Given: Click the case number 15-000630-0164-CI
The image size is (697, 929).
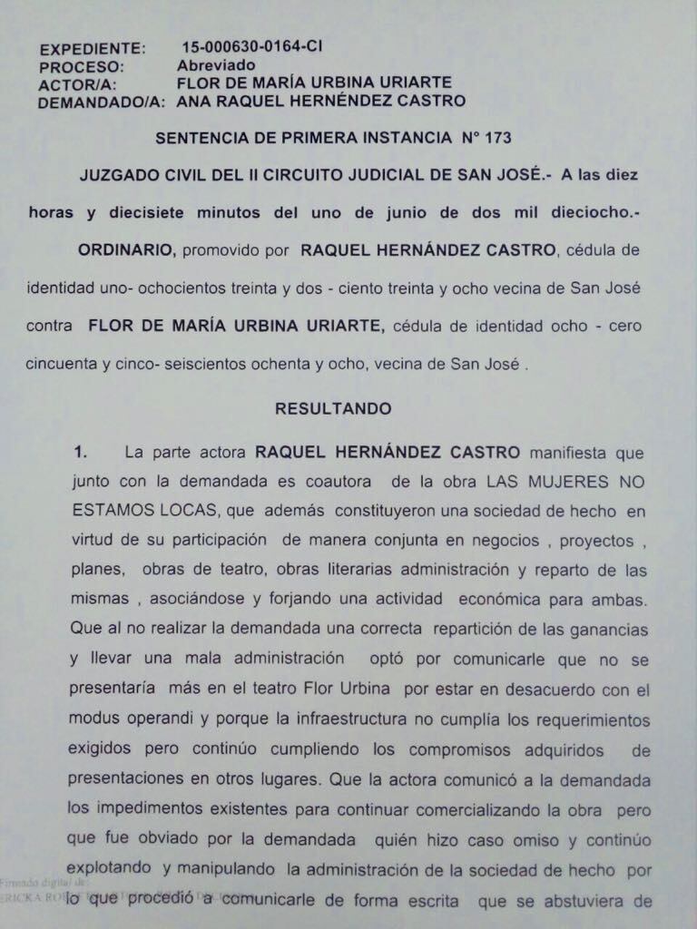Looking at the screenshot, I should point(251,46).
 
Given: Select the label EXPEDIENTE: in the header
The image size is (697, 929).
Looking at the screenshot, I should point(92,48).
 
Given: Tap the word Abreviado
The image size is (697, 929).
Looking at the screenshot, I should point(216,65).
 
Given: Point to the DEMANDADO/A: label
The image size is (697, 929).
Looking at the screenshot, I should point(101,103).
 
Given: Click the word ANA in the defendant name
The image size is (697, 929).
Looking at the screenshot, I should point(193,101).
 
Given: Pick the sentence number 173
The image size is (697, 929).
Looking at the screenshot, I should point(498,138).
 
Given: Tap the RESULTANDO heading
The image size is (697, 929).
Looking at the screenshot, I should point(333,408).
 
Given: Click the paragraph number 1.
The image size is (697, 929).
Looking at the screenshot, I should point(80,452).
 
